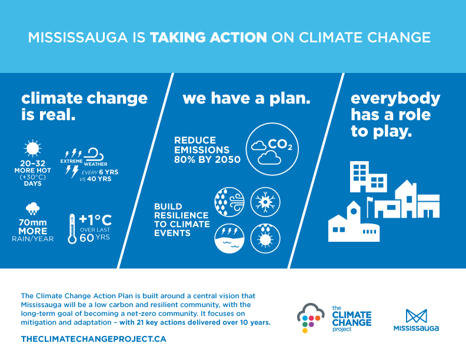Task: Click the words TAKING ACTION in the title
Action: [x=208, y=38]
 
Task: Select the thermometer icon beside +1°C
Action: [x=72, y=228]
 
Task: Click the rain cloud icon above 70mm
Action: [x=32, y=208]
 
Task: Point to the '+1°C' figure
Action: [x=95, y=221]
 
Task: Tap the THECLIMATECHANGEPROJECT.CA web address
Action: [x=94, y=339]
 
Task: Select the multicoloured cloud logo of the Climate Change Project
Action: [x=309, y=318]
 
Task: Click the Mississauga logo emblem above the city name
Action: [x=416, y=315]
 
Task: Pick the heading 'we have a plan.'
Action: [x=246, y=98]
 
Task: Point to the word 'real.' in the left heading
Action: [x=57, y=114]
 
